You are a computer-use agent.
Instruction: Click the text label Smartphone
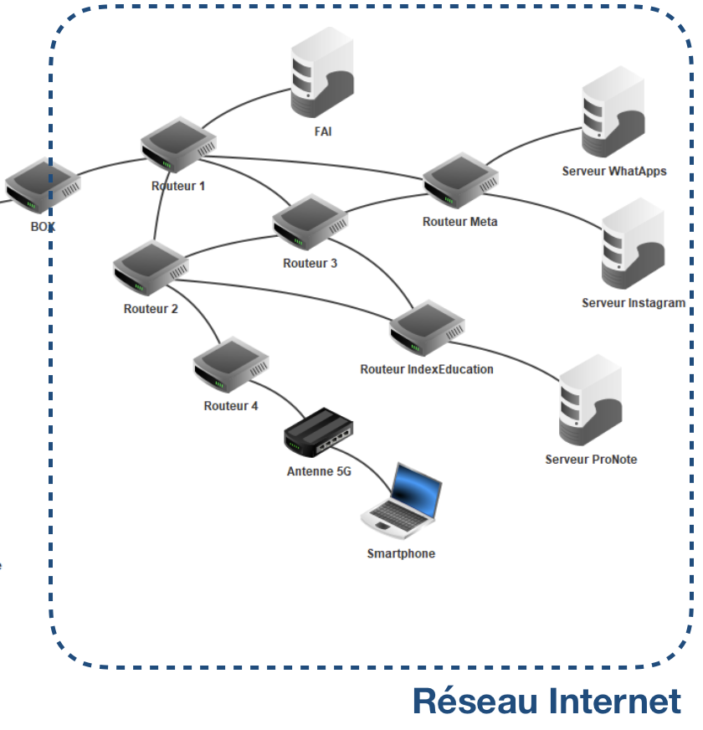(401, 553)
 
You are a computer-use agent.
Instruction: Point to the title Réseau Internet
(546, 701)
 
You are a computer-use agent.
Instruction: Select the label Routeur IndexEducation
(427, 369)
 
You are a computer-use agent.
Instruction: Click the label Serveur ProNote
(591, 460)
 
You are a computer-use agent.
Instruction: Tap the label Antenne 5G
(319, 471)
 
